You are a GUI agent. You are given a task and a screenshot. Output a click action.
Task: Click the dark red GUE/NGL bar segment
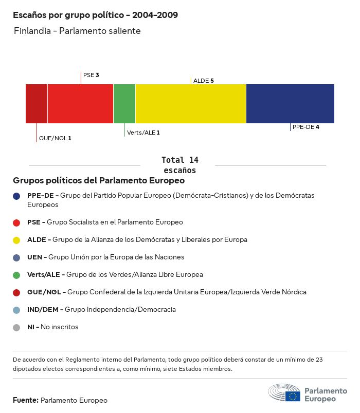tap(37, 104)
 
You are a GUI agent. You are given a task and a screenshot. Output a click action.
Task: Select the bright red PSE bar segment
tap(80, 104)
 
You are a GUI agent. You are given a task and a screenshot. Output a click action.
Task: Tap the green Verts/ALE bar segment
tap(124, 104)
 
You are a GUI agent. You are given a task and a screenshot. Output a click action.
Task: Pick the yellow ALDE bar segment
tap(191, 104)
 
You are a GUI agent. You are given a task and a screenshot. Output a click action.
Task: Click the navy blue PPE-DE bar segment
tap(290, 104)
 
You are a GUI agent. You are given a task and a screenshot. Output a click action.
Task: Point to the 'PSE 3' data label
tap(91, 75)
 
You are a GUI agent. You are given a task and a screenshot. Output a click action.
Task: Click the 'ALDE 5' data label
tap(203, 81)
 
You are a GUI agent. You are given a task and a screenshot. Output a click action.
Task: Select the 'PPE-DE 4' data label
tap(306, 127)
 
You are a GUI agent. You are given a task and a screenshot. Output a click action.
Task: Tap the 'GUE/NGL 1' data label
tap(55, 138)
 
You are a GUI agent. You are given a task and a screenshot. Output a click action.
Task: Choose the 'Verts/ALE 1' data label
tap(143, 133)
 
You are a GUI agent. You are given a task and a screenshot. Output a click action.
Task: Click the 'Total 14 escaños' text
tap(179, 165)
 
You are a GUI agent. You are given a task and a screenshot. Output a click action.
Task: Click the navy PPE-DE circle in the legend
tap(16, 196)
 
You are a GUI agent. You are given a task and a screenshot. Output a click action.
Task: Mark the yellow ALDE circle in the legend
tap(16, 240)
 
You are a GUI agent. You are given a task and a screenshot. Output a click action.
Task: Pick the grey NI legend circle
tap(16, 327)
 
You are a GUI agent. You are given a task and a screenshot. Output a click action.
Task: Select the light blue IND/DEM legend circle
tap(16, 310)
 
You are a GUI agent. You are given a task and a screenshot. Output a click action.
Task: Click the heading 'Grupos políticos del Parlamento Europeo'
tap(99, 181)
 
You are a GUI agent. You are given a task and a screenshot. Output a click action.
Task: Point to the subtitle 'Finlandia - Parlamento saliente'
tap(77, 31)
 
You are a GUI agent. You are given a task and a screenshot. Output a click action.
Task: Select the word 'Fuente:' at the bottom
tap(25, 400)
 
